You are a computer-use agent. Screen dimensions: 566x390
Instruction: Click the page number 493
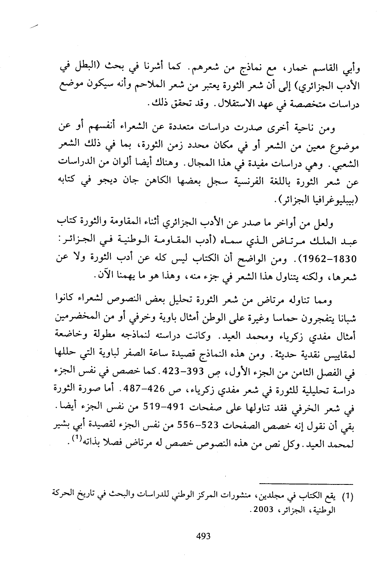pyautogui.click(x=203, y=536)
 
